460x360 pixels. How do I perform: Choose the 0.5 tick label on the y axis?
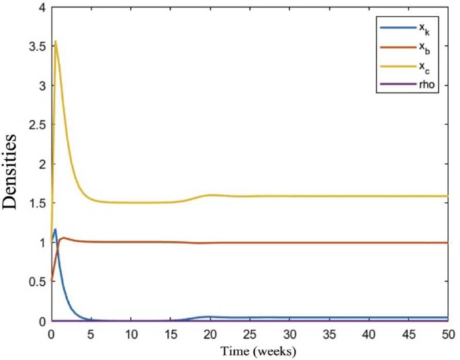[x=38, y=282]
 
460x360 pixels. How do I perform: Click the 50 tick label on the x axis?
[x=447, y=334]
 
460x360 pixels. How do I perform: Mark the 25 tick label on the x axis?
[x=249, y=334]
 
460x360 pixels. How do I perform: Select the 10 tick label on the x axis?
[x=130, y=334]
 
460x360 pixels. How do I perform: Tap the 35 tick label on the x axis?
[x=328, y=334]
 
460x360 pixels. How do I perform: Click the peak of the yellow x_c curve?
[x=56, y=41]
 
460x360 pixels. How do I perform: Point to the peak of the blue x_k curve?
[x=55, y=230]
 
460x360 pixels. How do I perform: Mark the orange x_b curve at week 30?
[x=289, y=242]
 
